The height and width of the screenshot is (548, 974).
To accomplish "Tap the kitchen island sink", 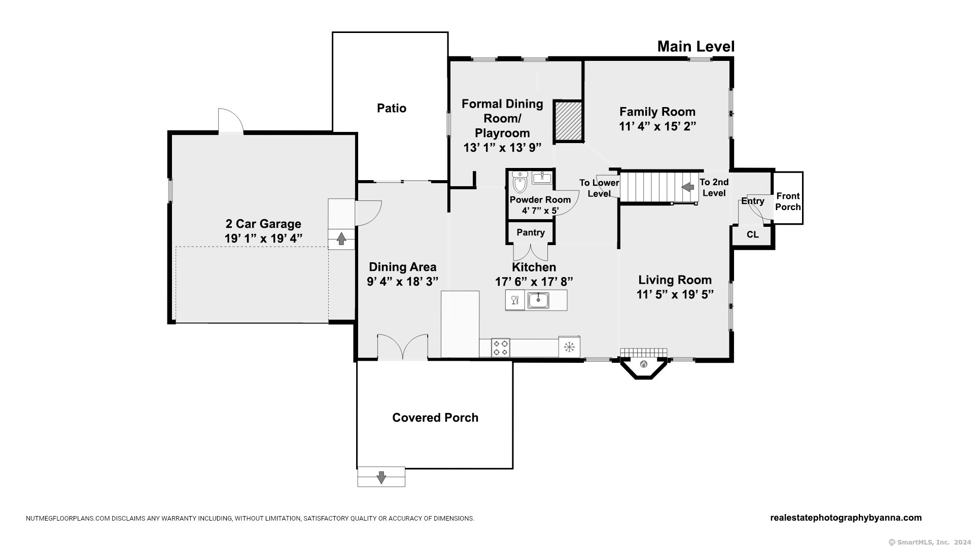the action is (538, 300).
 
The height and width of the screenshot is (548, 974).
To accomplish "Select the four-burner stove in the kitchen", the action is (501, 348).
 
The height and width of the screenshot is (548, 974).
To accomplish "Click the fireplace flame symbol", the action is (644, 364).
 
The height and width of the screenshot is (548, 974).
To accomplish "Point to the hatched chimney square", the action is (568, 121).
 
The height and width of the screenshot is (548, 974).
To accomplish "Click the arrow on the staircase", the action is (688, 187).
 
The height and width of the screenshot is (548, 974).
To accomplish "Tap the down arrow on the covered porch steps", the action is (381, 477).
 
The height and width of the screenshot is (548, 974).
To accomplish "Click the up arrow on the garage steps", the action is (341, 238).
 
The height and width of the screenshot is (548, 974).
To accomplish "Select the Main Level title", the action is (696, 47).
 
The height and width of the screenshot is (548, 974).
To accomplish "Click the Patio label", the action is (392, 108).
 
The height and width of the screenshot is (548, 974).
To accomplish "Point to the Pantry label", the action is (531, 232).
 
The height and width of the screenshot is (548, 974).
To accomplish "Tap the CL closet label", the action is (753, 234).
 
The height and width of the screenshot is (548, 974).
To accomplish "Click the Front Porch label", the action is (788, 201).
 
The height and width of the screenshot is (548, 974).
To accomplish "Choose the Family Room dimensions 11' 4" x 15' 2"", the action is (657, 126).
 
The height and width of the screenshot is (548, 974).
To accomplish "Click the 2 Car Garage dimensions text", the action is (263, 238).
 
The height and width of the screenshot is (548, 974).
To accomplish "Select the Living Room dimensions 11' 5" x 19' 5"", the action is (675, 294).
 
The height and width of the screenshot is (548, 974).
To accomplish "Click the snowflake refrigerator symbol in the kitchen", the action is (569, 347).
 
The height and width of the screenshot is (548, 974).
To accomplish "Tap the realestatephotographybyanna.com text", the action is (846, 518).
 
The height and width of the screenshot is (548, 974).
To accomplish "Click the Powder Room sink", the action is (542, 178).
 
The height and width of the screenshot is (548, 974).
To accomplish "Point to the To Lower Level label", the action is (599, 188).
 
